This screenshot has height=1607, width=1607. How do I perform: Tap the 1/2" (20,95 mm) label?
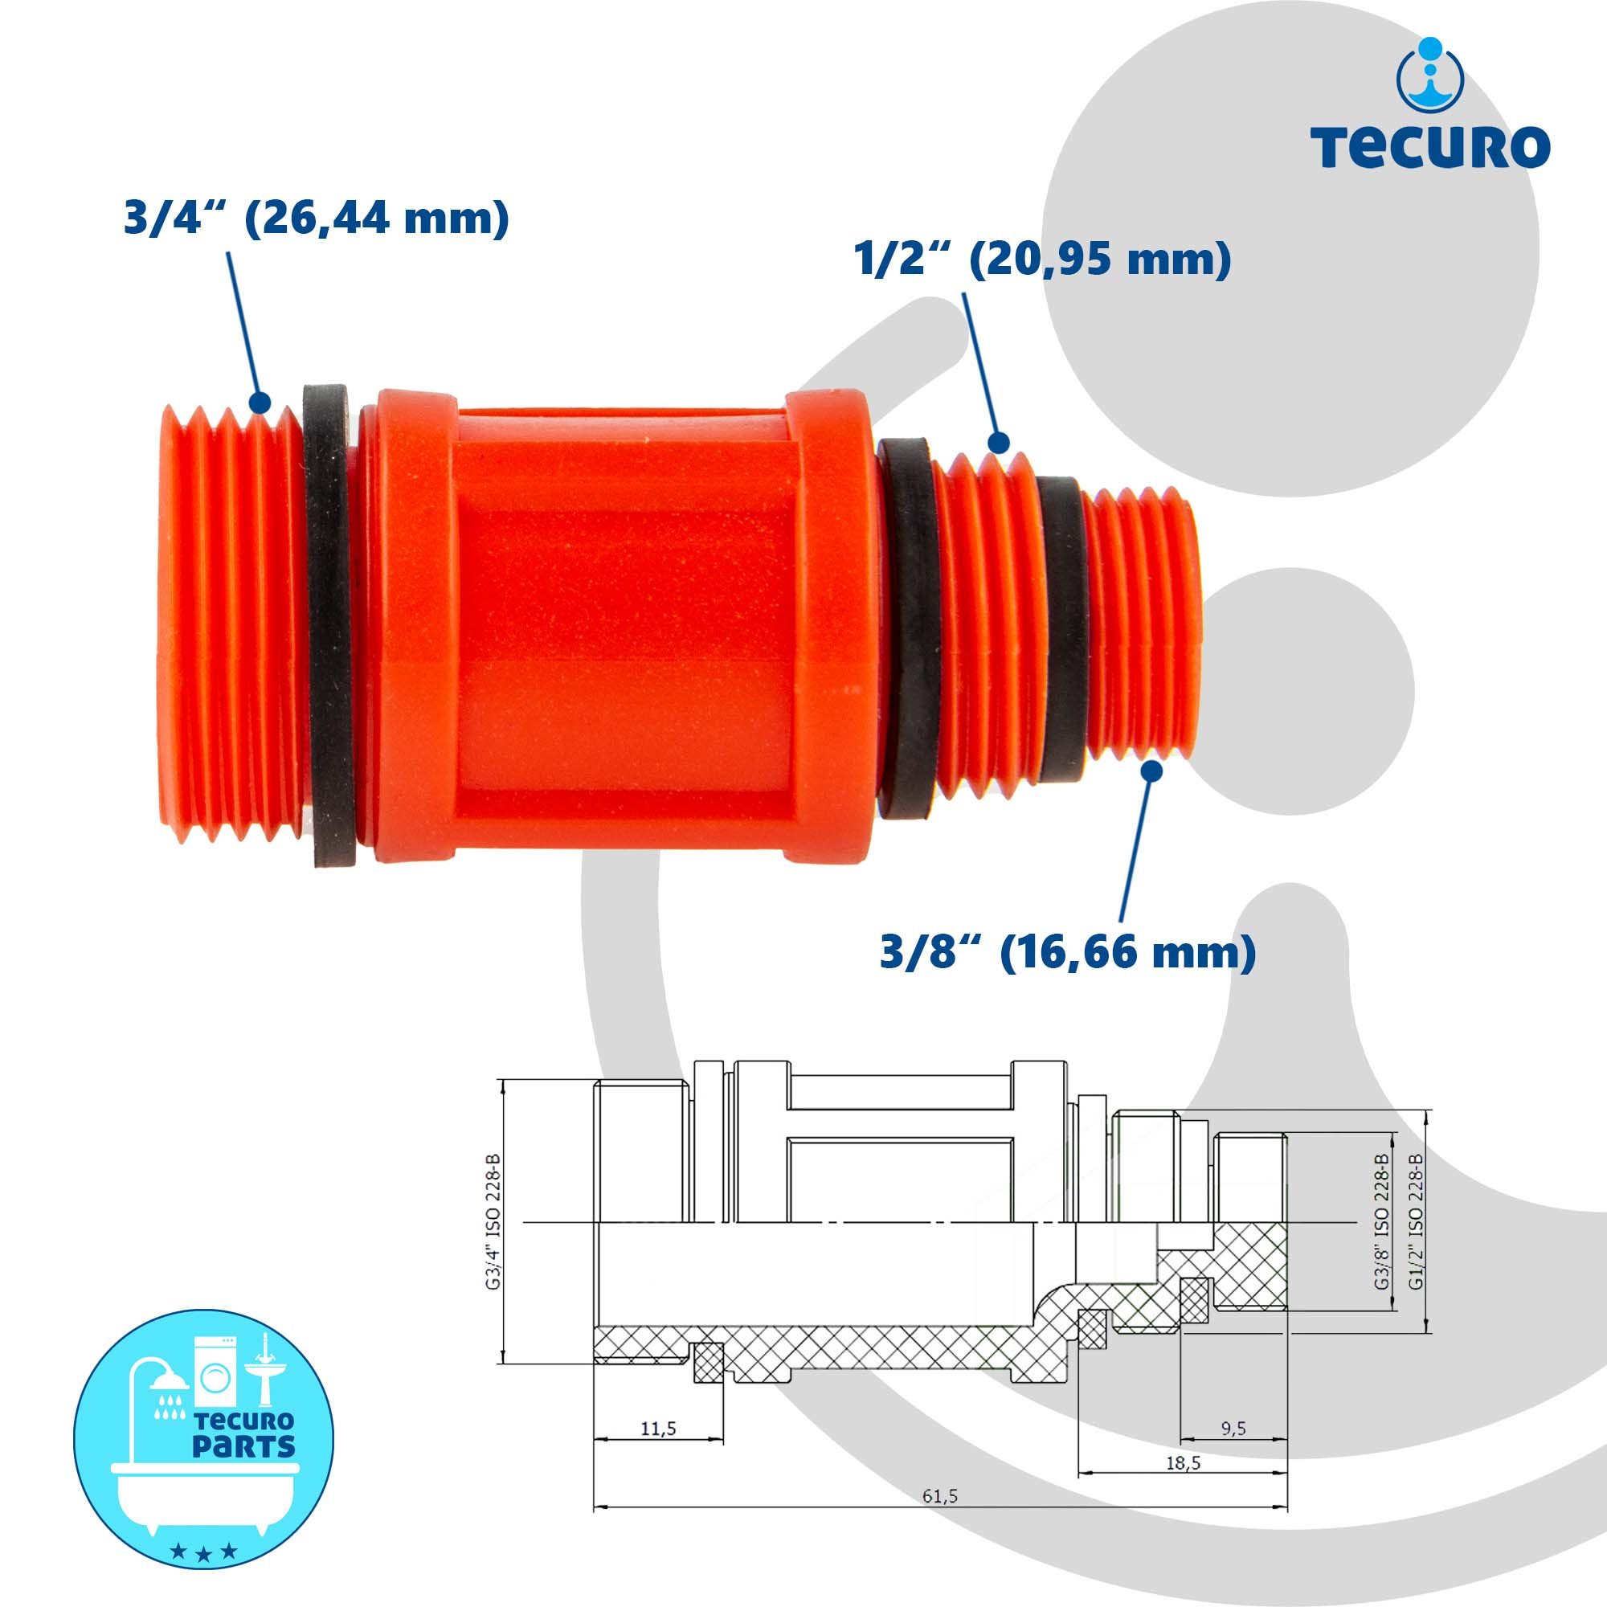click(x=1042, y=260)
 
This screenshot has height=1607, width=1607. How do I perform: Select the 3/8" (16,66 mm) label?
click(x=1068, y=952)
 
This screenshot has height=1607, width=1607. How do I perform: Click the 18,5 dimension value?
click(x=1183, y=1462)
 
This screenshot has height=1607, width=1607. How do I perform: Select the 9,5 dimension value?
click(x=1233, y=1428)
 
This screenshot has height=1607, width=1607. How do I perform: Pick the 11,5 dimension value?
click(x=658, y=1429)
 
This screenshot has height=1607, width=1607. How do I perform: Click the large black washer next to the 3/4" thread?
click(x=329, y=624)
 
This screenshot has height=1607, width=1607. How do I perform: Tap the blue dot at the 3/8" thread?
click(x=1151, y=771)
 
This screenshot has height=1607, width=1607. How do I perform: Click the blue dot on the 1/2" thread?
click(x=999, y=442)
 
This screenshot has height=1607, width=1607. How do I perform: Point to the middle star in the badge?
click(x=203, y=1552)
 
